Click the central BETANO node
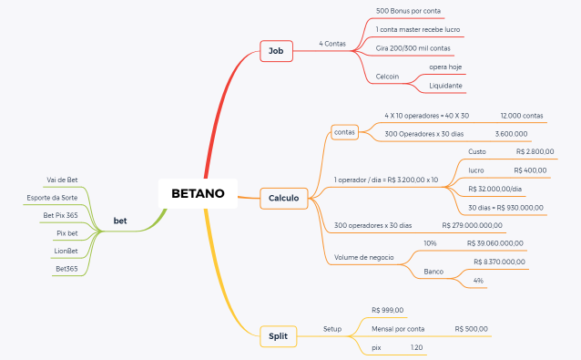(198, 192)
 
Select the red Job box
(275, 51)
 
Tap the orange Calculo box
(284, 198)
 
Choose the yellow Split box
(278, 336)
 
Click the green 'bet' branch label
(119, 221)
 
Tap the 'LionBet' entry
(66, 251)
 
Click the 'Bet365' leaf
(66, 269)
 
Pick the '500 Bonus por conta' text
(408, 11)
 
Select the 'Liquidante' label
(446, 86)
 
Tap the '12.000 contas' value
(522, 116)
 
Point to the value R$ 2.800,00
(535, 152)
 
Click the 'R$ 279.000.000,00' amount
(472, 225)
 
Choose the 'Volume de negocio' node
(364, 258)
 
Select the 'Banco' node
(433, 273)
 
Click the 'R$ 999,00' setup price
(388, 311)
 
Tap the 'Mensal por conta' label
(398, 328)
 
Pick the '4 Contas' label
(332, 44)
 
